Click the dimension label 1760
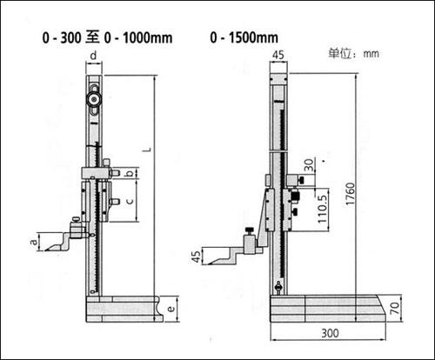click(351, 194)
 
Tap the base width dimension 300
click(330, 333)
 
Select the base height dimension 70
click(395, 308)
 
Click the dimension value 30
click(310, 165)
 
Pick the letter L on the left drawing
click(148, 150)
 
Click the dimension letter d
click(93, 56)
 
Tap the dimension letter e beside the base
click(171, 309)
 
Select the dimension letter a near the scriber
click(34, 241)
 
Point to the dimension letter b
click(130, 173)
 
